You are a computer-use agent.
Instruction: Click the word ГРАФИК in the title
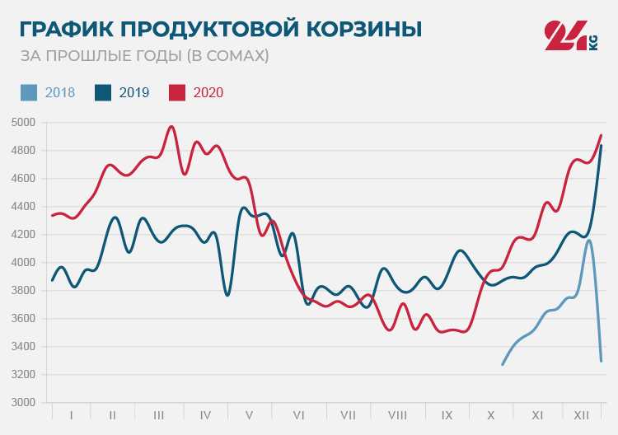point(66,30)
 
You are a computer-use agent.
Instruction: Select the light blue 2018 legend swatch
point(29,92)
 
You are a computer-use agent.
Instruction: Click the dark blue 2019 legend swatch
point(104,92)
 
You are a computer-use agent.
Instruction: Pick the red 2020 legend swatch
point(177,92)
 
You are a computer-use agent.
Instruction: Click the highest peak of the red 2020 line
point(171,127)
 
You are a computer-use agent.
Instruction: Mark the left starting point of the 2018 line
point(503,364)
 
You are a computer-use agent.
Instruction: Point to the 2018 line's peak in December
point(588,241)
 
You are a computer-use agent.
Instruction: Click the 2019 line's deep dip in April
point(227,295)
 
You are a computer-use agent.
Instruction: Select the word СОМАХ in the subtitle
point(235,56)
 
